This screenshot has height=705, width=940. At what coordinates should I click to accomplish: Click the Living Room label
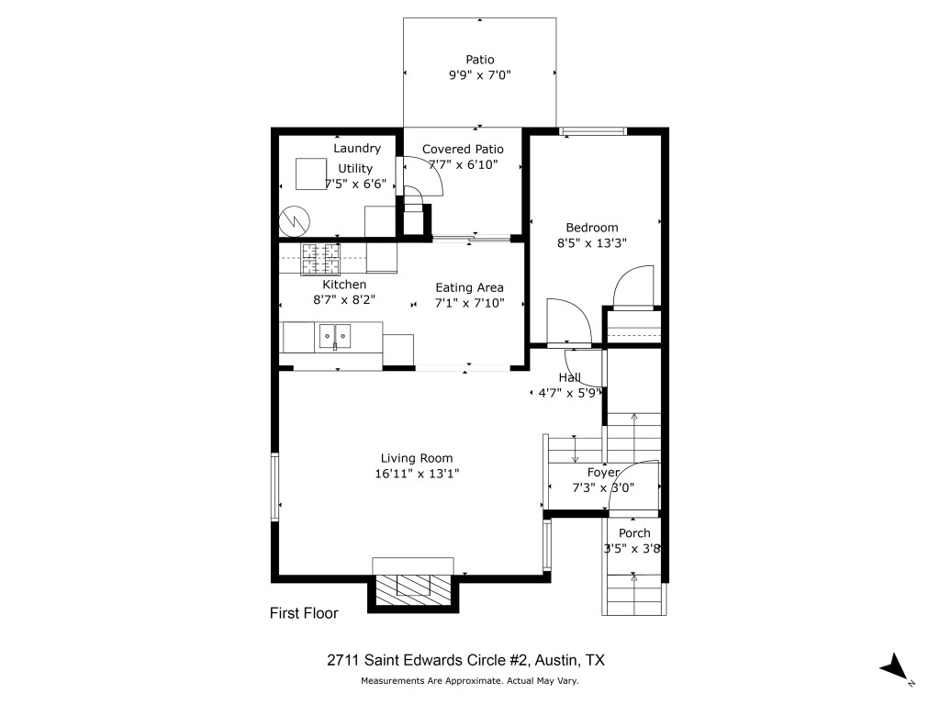coord(417,458)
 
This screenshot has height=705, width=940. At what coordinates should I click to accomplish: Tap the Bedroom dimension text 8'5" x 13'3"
coord(591,244)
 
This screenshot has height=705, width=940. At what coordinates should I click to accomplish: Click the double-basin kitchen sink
coord(335,337)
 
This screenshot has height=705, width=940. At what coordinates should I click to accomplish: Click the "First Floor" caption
coord(303,613)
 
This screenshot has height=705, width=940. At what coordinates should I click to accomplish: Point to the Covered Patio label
coord(463,149)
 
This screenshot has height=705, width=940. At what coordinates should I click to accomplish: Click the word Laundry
coord(356,148)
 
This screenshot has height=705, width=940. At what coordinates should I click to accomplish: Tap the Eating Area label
coord(469,287)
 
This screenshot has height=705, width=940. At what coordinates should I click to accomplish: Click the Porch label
coord(634,533)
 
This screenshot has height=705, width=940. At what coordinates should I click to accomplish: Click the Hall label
coord(569,377)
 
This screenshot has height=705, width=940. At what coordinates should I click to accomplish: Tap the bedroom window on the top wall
coord(593,131)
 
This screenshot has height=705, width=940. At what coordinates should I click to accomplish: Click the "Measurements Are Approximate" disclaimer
coord(469,681)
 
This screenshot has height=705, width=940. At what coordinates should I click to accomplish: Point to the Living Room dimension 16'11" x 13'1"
coord(418,474)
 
